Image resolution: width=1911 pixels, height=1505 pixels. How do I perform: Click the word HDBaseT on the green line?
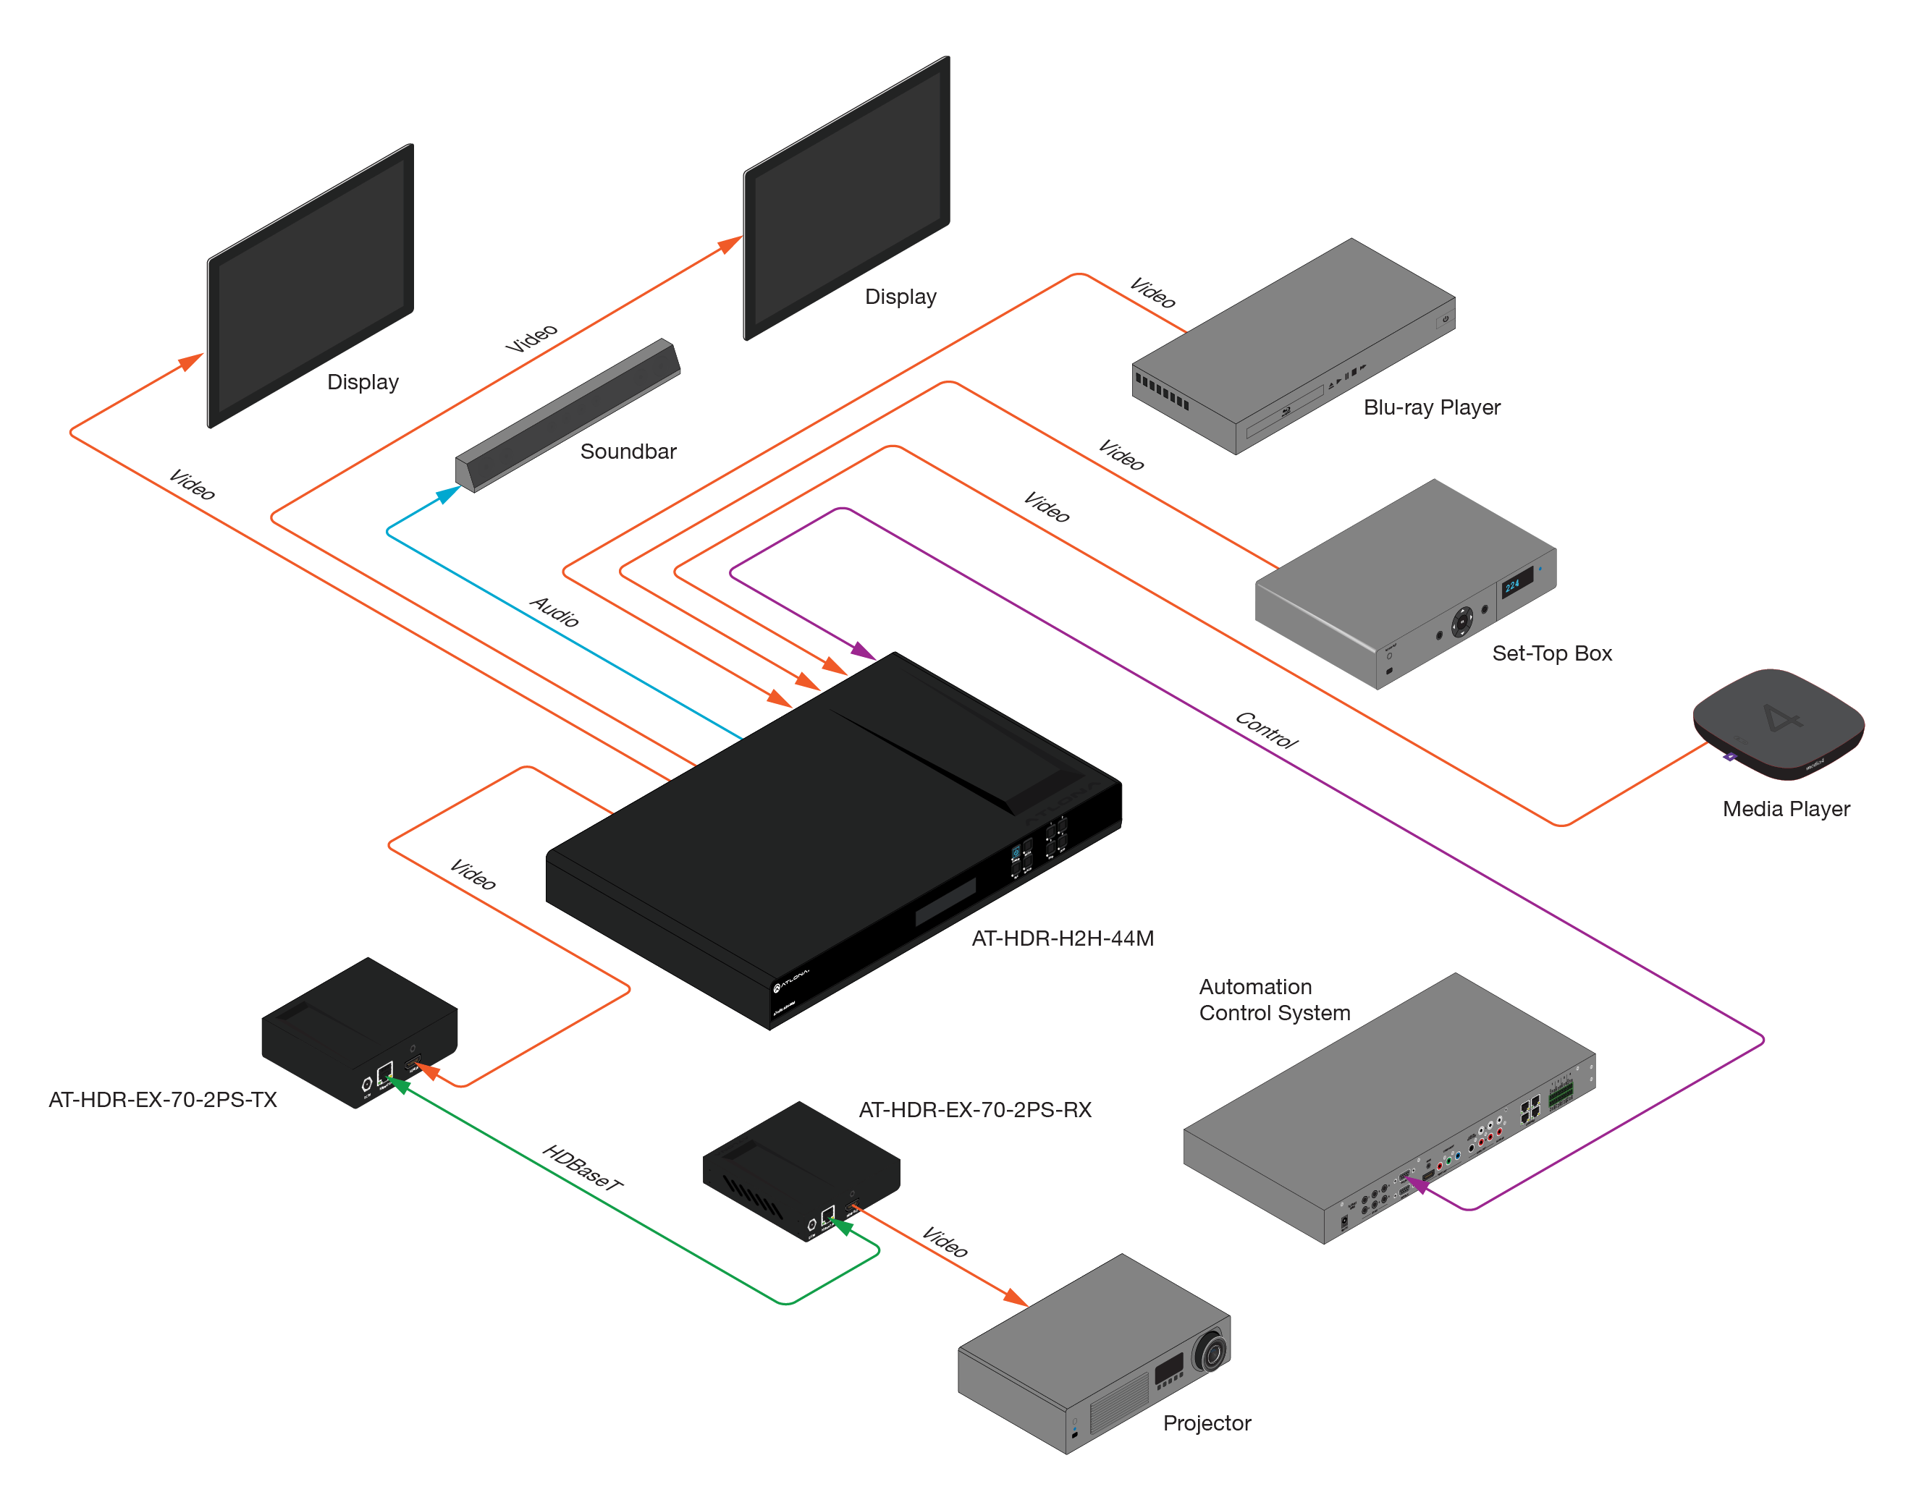[x=583, y=1168]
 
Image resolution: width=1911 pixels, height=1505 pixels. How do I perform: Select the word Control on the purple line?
[x=1267, y=729]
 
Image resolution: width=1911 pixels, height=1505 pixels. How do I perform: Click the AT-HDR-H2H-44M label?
[x=1062, y=938]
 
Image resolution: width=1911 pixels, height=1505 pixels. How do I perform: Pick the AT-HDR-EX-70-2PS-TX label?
[x=162, y=1100]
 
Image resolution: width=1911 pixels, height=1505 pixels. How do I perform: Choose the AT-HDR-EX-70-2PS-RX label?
[x=975, y=1109]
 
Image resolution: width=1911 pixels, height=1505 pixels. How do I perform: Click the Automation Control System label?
[x=1274, y=999]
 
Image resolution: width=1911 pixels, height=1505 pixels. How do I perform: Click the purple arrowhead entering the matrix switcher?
[x=864, y=652]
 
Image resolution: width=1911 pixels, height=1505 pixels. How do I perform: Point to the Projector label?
[x=1207, y=1423]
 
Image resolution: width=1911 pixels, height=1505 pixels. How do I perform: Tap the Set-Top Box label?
[x=1551, y=653]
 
